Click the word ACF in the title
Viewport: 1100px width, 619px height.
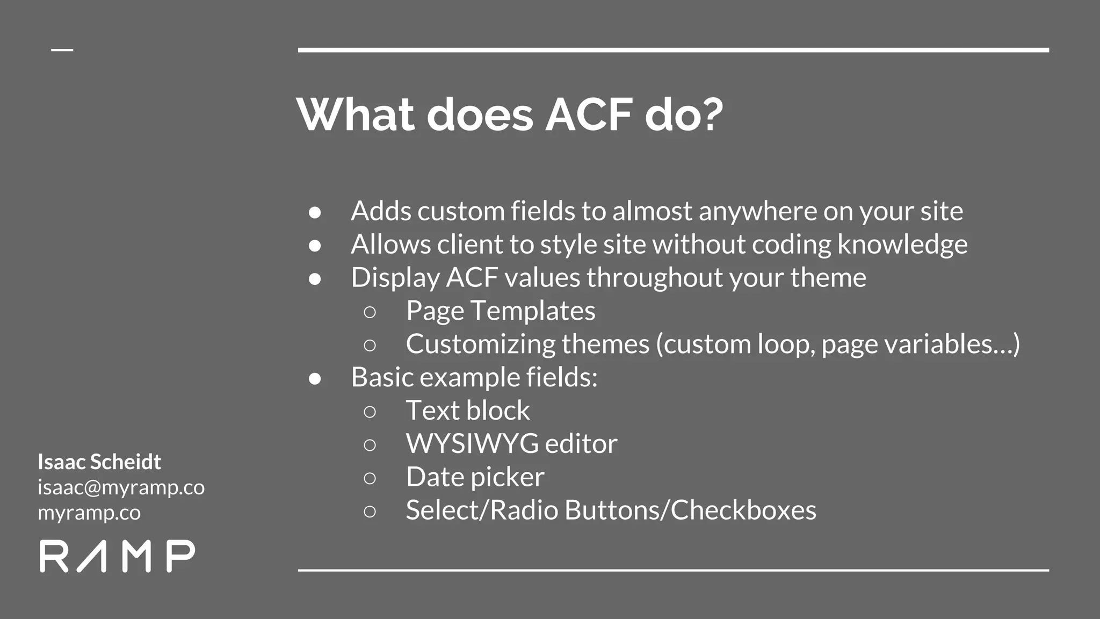click(589, 115)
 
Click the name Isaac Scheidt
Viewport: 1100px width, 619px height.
click(99, 462)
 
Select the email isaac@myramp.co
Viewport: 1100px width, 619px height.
click(121, 487)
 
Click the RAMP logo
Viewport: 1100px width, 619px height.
click(117, 556)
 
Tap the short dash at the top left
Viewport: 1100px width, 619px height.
click(62, 50)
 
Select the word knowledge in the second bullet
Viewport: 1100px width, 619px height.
click(902, 244)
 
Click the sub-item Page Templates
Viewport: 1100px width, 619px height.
click(501, 311)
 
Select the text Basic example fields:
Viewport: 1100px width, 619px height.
click(474, 377)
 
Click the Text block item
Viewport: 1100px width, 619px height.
click(467, 411)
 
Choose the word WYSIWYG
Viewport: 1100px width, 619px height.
click(472, 444)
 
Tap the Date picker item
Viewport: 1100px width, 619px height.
click(475, 477)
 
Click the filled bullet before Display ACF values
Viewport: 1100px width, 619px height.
click(315, 278)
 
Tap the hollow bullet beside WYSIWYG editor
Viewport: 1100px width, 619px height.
click(370, 444)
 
